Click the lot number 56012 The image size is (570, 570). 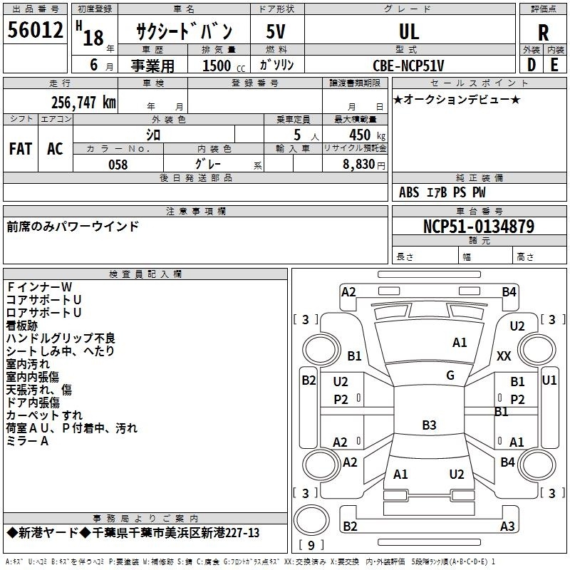tap(35, 31)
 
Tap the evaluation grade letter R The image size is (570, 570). tap(543, 33)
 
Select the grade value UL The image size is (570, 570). tap(409, 31)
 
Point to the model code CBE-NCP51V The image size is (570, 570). tap(408, 66)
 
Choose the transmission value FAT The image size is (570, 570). tap(21, 148)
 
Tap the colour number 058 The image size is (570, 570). tap(118, 165)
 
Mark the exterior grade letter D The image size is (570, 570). tap(532, 65)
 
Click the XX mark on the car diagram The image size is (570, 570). tap(504, 356)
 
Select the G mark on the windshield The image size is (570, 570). tap(450, 375)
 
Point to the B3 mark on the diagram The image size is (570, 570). tap(429, 425)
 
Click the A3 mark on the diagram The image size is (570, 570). tap(507, 527)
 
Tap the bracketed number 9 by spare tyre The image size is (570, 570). tap(311, 546)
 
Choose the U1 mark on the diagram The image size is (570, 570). tap(549, 380)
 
